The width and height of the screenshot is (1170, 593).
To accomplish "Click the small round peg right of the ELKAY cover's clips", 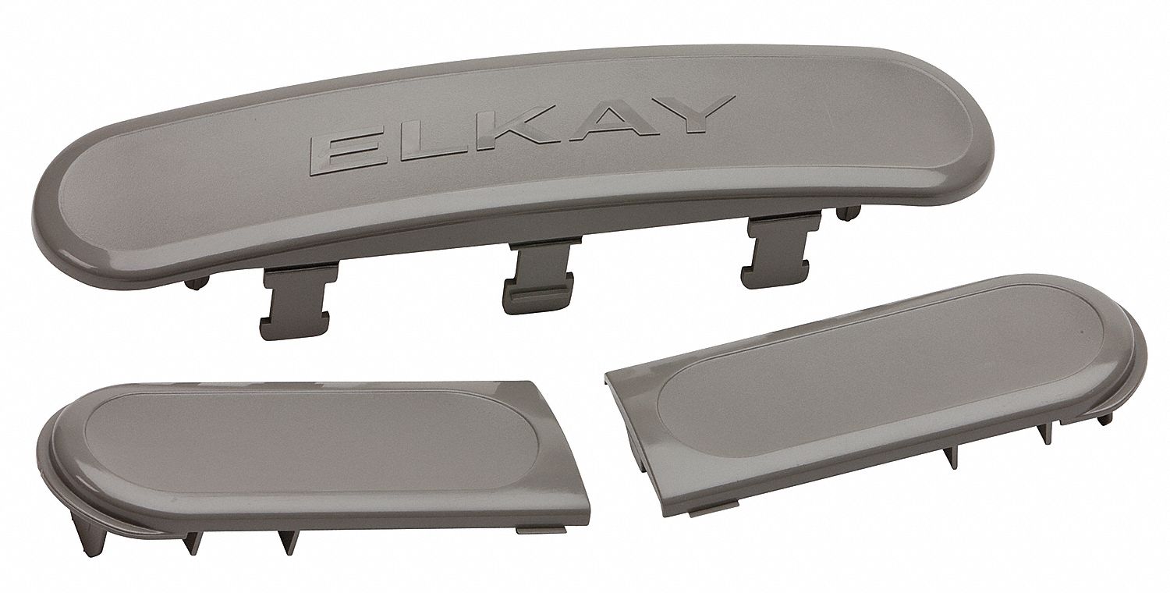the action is click(849, 213).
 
